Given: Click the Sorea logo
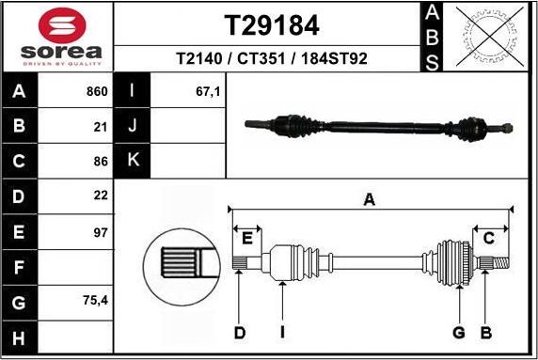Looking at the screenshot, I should [x=56, y=36].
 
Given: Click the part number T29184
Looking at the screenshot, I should [x=271, y=23].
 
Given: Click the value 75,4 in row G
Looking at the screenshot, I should [x=95, y=302].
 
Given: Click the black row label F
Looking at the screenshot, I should [x=20, y=267].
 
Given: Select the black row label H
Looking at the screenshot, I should [x=20, y=337].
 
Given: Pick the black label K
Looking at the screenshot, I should [x=133, y=160].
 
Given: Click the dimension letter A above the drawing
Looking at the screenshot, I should [x=370, y=198].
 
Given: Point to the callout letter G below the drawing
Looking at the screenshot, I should [x=459, y=332].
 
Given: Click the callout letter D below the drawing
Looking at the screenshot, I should [x=240, y=332].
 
